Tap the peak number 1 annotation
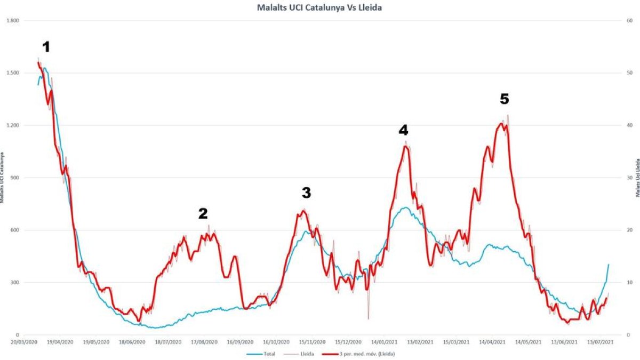(x=46, y=47)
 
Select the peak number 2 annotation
(x=203, y=214)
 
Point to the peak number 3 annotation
(x=306, y=193)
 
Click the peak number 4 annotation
(x=403, y=130)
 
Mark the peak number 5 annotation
(x=504, y=99)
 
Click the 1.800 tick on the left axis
(x=12, y=21)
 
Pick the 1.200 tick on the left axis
(x=12, y=126)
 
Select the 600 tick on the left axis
(x=14, y=230)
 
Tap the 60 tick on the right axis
(x=629, y=21)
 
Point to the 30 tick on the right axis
(x=629, y=178)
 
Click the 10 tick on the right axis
(x=629, y=283)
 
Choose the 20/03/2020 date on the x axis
(x=25, y=342)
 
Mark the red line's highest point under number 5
(x=501, y=123)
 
